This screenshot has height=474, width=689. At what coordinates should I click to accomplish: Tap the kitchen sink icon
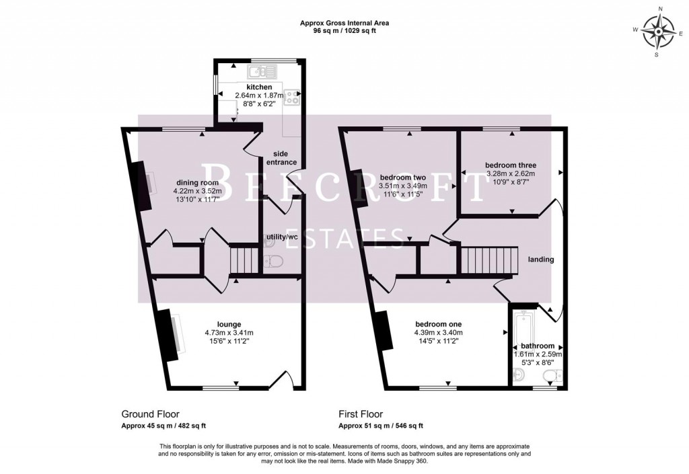click(262, 70)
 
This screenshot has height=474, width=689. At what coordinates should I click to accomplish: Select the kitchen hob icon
click(293, 98)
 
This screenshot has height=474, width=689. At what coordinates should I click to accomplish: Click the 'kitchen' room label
click(259, 87)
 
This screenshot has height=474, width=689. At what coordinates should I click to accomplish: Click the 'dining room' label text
click(198, 182)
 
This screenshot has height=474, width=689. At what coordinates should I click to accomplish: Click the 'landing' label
click(540, 260)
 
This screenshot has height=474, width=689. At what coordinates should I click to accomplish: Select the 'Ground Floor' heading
click(150, 414)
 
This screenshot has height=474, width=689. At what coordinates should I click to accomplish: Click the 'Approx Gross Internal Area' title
click(344, 23)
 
